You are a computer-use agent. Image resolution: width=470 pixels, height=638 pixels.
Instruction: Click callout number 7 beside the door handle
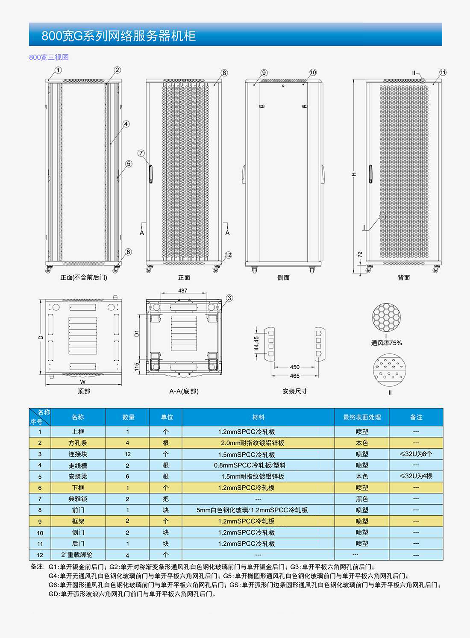[141, 153]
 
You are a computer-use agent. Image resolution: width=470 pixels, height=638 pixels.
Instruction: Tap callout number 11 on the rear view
[443, 72]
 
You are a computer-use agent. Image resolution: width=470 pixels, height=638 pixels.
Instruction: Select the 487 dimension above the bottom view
[183, 291]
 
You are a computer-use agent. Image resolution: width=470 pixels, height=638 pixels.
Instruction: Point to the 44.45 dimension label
[256, 343]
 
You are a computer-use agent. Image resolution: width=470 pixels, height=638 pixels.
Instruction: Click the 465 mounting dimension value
[295, 376]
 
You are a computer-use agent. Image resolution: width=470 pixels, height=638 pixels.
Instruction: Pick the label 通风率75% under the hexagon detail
[386, 343]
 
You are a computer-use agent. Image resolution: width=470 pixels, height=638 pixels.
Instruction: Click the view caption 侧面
[283, 278]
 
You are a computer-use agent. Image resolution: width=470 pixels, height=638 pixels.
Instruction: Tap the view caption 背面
[404, 278]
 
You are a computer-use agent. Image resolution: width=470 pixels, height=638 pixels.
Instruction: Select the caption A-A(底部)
[184, 391]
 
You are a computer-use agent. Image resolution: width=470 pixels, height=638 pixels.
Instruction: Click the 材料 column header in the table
[258, 417]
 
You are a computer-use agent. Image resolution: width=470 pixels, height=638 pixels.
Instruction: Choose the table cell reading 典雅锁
[78, 499]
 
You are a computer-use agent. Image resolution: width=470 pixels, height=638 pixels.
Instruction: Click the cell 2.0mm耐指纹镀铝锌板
[252, 443]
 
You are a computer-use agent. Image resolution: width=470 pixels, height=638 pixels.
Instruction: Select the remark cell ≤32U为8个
[416, 454]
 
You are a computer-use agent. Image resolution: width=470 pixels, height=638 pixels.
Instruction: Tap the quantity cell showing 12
[127, 454]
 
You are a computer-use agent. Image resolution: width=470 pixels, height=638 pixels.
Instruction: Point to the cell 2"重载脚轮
[77, 555]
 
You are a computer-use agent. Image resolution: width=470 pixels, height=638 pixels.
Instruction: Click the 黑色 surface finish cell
[361, 499]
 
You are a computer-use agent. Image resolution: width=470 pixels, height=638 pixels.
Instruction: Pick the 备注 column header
[416, 417]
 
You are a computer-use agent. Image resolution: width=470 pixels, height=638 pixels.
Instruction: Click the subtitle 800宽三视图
[49, 57]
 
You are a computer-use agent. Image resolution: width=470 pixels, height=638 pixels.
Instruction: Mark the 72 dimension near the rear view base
[360, 255]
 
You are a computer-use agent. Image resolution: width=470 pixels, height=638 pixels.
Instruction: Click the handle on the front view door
[151, 173]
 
